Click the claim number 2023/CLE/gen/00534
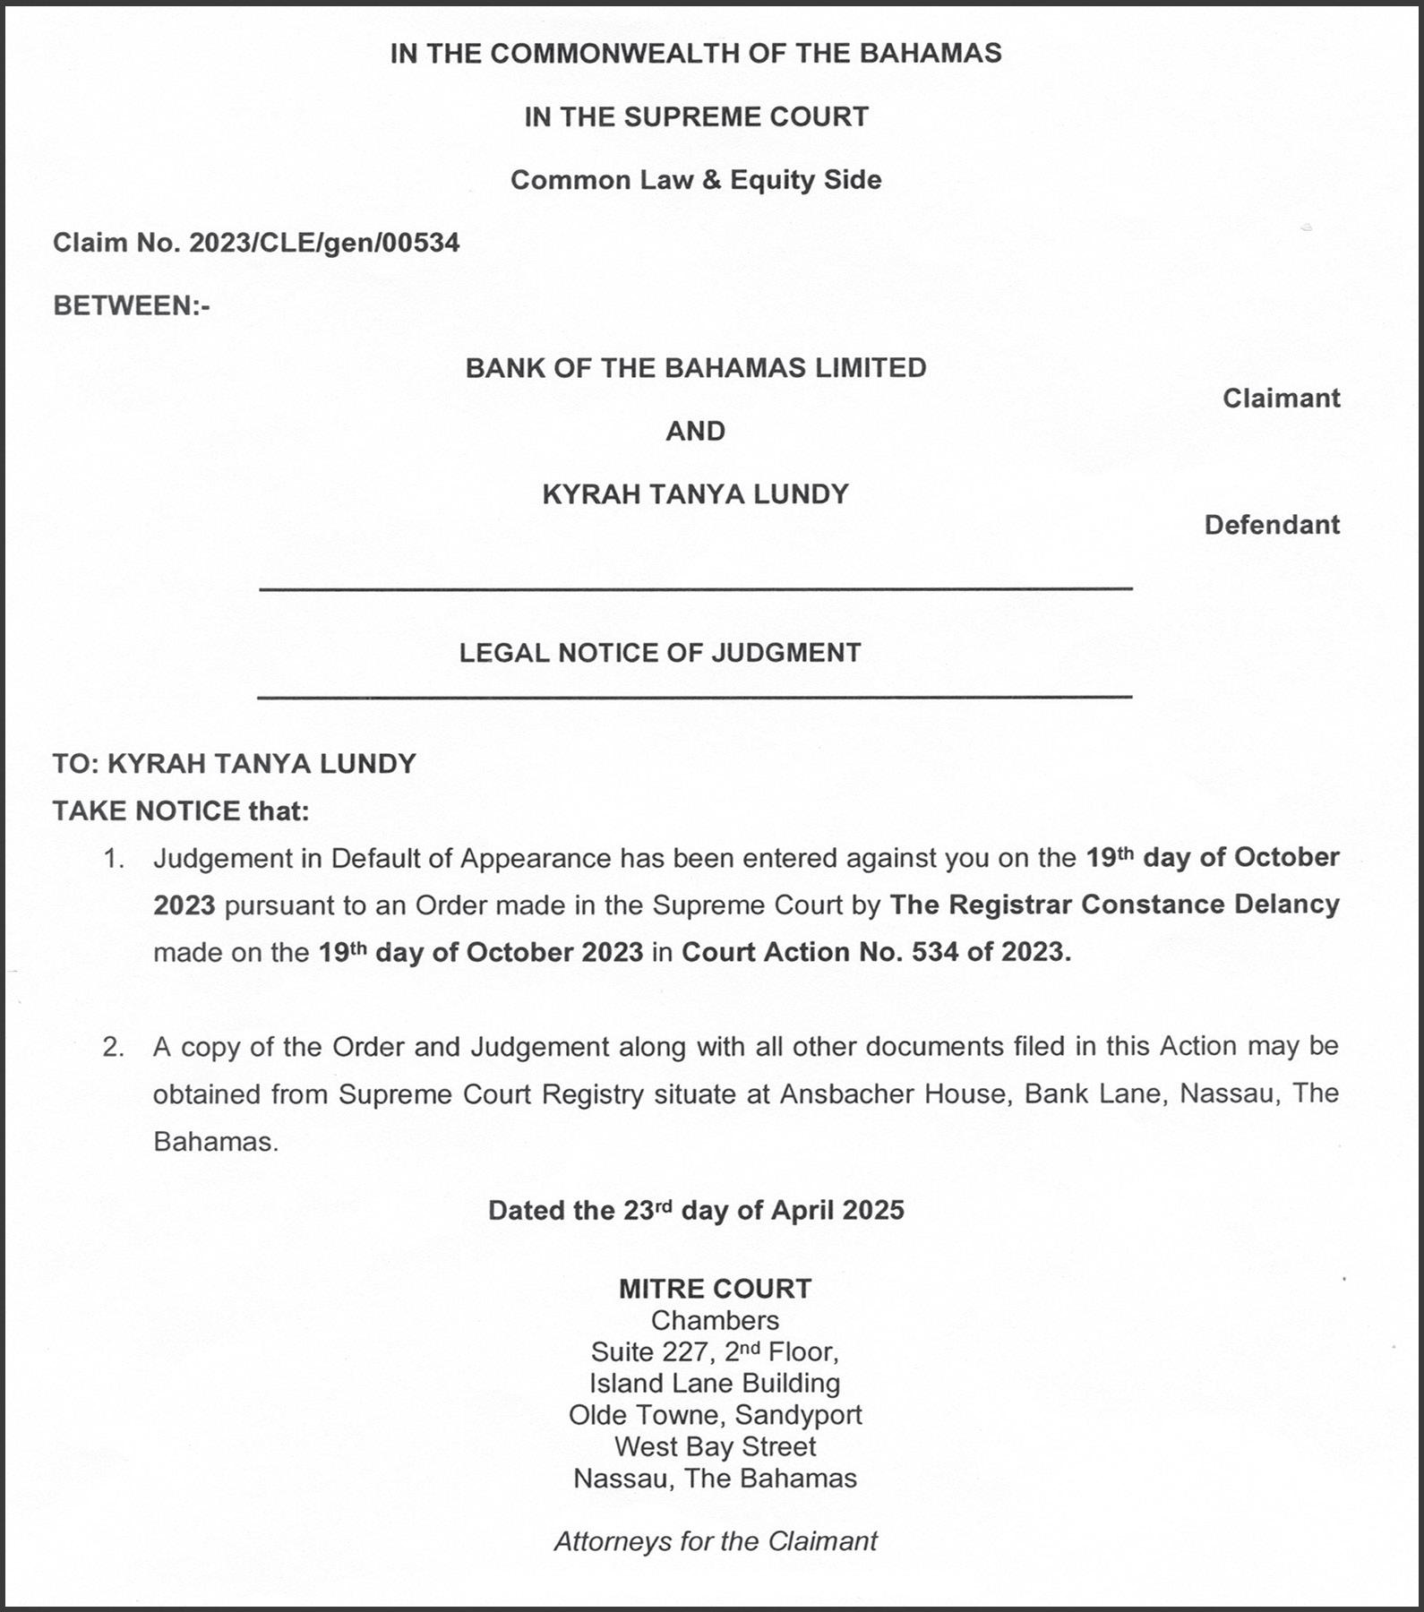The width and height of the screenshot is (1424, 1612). pos(323,243)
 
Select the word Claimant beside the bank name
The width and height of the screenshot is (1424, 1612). pos(1281,399)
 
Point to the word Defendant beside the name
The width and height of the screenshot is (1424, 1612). pos(1271,525)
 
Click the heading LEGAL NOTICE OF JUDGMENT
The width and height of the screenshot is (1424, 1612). pos(660,653)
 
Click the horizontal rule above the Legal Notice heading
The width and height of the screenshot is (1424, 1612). pos(695,588)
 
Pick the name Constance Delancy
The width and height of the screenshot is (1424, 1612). pos(1210,905)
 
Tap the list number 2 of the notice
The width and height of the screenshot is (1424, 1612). pos(113,1047)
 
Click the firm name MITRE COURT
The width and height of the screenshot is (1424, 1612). pos(715,1289)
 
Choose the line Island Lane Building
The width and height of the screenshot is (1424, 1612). pos(715,1384)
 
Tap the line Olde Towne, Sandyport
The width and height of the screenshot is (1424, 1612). pos(715,1415)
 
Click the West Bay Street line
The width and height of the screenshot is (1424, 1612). pos(715,1446)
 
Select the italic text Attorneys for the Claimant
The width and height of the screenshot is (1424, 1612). pos(715,1541)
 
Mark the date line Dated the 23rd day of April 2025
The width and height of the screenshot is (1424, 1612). pos(696,1211)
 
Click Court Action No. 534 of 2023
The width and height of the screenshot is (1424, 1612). pos(876,952)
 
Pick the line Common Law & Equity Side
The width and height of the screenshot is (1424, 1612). pos(696,180)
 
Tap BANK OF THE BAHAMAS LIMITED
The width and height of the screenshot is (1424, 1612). pos(696,368)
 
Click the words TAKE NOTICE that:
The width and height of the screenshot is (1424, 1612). pos(181,811)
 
